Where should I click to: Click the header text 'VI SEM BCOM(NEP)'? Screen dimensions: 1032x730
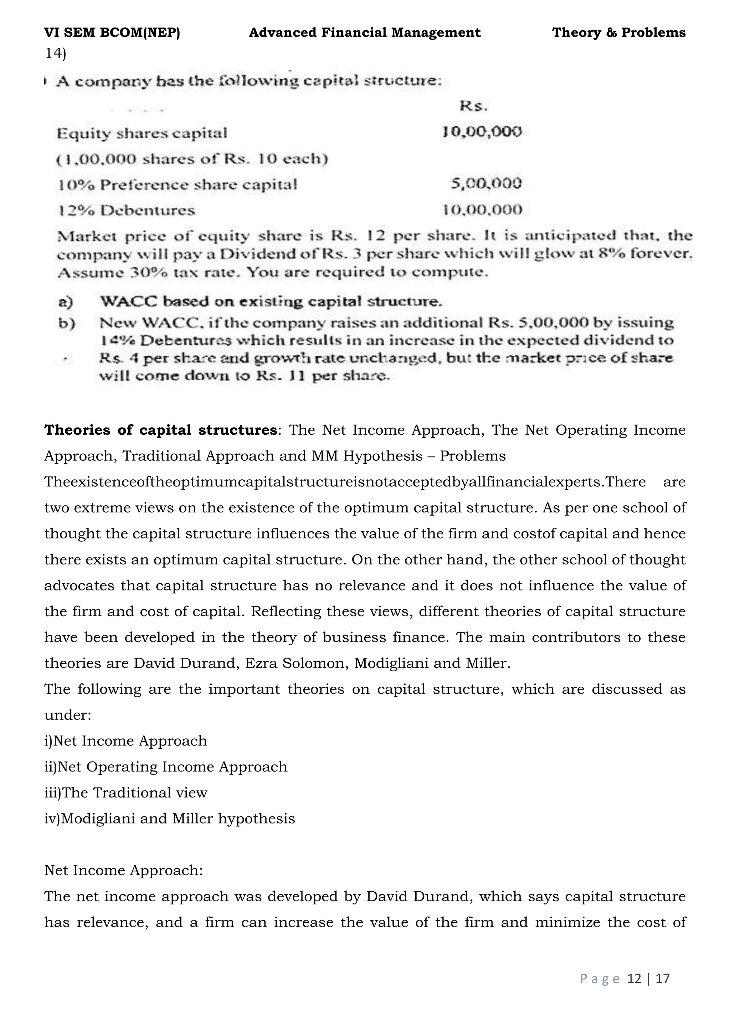tap(112, 32)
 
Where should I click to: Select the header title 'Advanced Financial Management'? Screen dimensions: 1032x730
tap(365, 32)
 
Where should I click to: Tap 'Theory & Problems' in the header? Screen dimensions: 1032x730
tap(618, 32)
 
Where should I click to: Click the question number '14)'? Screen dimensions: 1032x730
tap(55, 53)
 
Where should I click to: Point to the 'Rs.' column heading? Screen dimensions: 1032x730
tap(473, 107)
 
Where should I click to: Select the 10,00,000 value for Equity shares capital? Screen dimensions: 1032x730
tap(482, 132)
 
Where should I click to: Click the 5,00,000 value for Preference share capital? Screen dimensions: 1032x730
tap(486, 184)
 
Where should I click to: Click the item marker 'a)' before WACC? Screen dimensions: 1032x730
tap(66, 301)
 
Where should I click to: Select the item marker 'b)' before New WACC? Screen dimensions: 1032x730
tap(67, 323)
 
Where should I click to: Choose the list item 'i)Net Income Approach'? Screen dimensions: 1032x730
tap(126, 741)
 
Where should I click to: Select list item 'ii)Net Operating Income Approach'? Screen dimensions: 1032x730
tap(166, 767)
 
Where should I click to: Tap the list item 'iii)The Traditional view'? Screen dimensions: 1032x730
tap(126, 793)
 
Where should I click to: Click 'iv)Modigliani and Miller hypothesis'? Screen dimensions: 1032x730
tap(169, 819)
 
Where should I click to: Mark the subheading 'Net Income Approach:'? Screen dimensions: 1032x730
tap(124, 870)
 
